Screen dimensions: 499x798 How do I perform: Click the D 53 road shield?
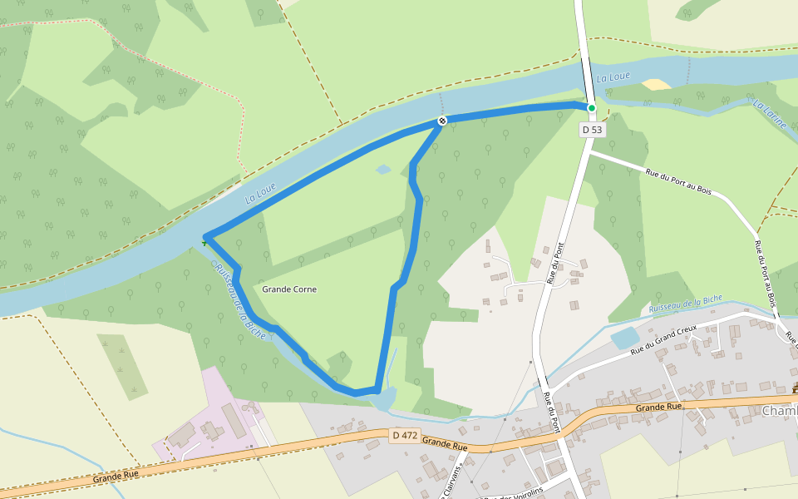[x=592, y=130]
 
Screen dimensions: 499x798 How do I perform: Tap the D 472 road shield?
[x=404, y=435]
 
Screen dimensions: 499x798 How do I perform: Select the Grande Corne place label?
[x=289, y=289]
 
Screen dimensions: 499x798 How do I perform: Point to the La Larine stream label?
[x=769, y=113]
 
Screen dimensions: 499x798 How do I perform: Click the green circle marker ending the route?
[x=592, y=108]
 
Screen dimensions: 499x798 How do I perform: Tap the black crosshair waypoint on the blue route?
[x=442, y=121]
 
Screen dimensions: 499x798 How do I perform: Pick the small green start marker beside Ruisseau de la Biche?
[x=204, y=243]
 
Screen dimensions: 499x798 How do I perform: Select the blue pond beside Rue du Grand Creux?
[x=625, y=338]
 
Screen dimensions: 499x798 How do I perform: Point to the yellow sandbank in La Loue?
[x=657, y=85]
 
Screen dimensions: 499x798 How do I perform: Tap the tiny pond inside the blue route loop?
[x=382, y=170]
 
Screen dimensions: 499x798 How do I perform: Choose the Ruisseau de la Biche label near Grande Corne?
[x=239, y=299]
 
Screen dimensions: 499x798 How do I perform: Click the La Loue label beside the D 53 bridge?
[x=613, y=77]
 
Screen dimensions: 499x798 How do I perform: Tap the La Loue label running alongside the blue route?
[x=260, y=194]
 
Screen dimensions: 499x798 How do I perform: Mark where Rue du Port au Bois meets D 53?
[x=589, y=153]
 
